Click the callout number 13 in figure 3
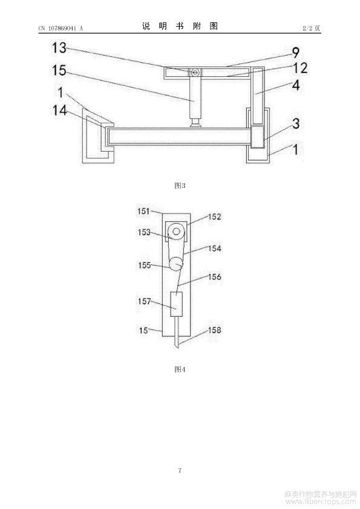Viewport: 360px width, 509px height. [x=59, y=48]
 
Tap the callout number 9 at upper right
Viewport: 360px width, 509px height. [x=295, y=53]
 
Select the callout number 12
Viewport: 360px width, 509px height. [x=300, y=68]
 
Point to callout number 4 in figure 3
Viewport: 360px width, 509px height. [x=296, y=85]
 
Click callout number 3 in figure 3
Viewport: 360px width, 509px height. [x=296, y=123]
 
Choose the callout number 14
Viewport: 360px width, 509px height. [x=60, y=111]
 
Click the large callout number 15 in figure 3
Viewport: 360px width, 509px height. [x=59, y=71]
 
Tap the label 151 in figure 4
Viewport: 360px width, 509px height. [x=143, y=212]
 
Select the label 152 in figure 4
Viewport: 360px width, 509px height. [x=215, y=217]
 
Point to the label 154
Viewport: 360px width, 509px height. [x=215, y=248]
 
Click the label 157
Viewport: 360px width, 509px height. [x=144, y=301]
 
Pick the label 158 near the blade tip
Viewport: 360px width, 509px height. [x=215, y=330]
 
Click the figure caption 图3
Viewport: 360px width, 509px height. [x=180, y=186]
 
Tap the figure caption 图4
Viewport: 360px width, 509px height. [x=180, y=369]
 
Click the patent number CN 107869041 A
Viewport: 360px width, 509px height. [x=61, y=28]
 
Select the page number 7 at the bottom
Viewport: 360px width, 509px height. [x=180, y=470]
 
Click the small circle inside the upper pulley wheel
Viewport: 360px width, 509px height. [x=177, y=231]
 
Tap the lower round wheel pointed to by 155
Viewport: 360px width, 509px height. [x=177, y=263]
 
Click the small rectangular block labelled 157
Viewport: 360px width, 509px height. [x=177, y=304]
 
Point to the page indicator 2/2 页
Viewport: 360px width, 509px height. [x=311, y=28]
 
